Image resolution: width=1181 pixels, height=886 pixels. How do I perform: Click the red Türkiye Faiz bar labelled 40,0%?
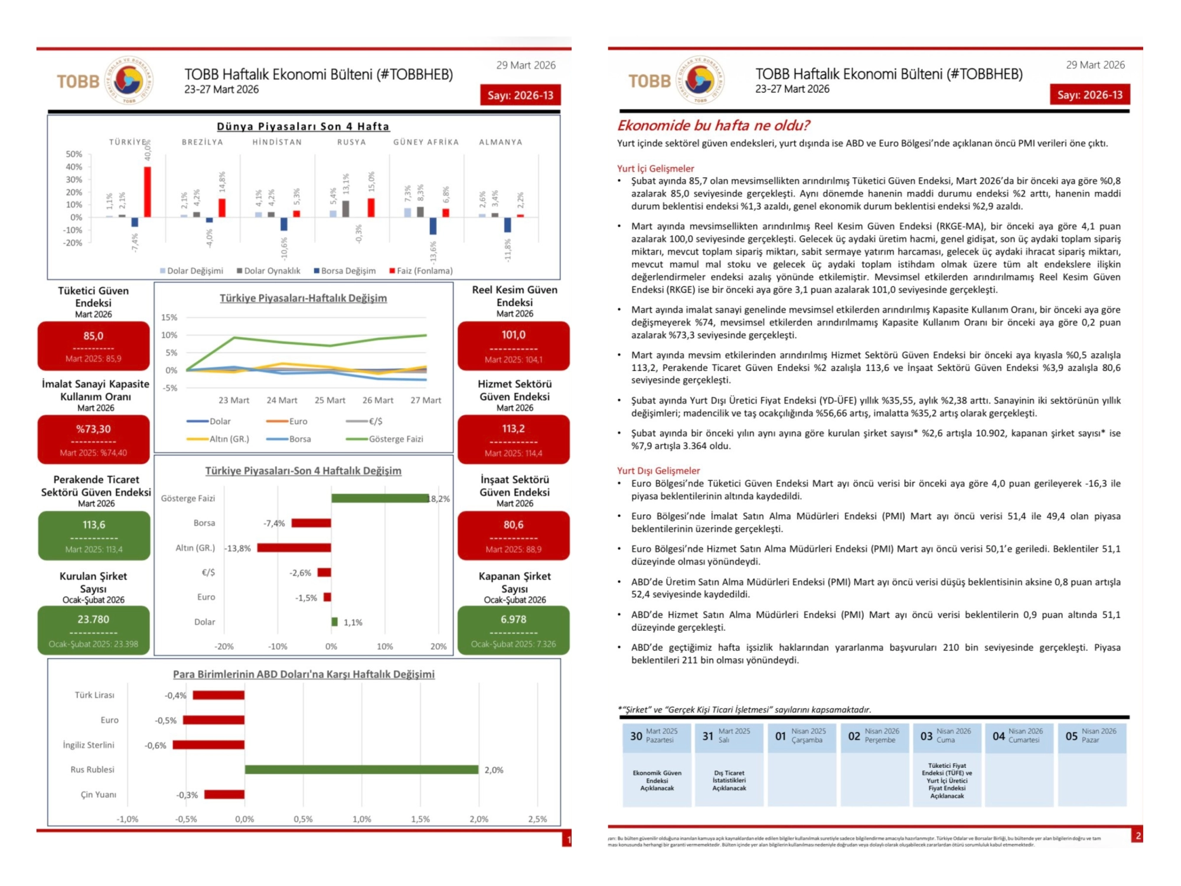(148, 192)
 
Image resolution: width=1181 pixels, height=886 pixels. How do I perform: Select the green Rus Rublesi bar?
(361, 769)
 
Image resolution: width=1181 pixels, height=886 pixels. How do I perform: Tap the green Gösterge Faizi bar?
(380, 498)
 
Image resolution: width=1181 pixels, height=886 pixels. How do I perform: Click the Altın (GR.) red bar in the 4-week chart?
(294, 548)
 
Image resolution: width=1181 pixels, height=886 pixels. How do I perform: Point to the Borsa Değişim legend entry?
(345, 271)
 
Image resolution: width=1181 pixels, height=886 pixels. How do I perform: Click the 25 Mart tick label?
(330, 400)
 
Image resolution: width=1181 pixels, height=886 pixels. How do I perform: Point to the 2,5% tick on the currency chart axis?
(537, 819)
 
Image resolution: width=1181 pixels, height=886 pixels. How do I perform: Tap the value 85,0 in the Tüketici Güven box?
(93, 336)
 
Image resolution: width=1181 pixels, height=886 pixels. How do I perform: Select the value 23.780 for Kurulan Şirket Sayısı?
(93, 619)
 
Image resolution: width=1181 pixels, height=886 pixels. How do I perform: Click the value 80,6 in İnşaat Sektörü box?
(513, 525)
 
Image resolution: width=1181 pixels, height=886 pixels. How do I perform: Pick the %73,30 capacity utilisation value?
(93, 429)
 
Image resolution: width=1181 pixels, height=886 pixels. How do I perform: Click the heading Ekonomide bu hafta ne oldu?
(713, 125)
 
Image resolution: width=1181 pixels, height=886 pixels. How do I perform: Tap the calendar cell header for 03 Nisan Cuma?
(947, 736)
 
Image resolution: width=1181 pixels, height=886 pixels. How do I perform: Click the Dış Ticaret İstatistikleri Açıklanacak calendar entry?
(729, 780)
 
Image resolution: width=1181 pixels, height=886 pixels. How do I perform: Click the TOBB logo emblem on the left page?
(129, 80)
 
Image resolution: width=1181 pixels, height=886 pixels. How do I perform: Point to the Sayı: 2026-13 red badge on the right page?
(1089, 95)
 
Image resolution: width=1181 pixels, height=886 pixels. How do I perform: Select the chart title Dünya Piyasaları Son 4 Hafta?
(303, 126)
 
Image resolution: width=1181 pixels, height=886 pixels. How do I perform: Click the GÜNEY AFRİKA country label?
(426, 142)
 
